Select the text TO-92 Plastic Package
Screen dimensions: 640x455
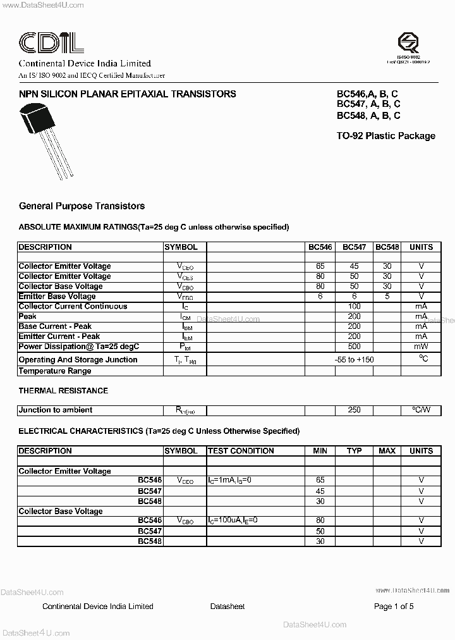point(386,136)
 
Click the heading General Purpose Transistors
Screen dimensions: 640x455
point(82,206)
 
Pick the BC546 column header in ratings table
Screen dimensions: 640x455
point(320,247)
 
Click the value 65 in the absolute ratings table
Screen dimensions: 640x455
point(320,266)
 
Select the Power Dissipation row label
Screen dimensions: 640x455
point(78,347)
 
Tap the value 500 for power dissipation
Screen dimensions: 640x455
point(354,347)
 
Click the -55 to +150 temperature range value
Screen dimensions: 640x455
point(354,359)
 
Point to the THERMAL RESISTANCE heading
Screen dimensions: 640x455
point(63,391)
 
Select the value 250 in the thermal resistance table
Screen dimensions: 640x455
point(354,410)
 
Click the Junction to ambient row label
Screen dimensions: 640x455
point(56,410)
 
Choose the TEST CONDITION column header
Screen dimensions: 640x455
point(241,451)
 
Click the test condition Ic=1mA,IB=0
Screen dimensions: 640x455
point(229,481)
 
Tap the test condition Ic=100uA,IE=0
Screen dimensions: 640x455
point(233,520)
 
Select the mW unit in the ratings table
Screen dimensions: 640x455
point(421,347)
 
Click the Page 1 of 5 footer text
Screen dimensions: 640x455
point(394,606)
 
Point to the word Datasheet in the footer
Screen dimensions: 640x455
point(227,606)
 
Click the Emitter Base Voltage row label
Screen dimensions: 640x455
point(57,296)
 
